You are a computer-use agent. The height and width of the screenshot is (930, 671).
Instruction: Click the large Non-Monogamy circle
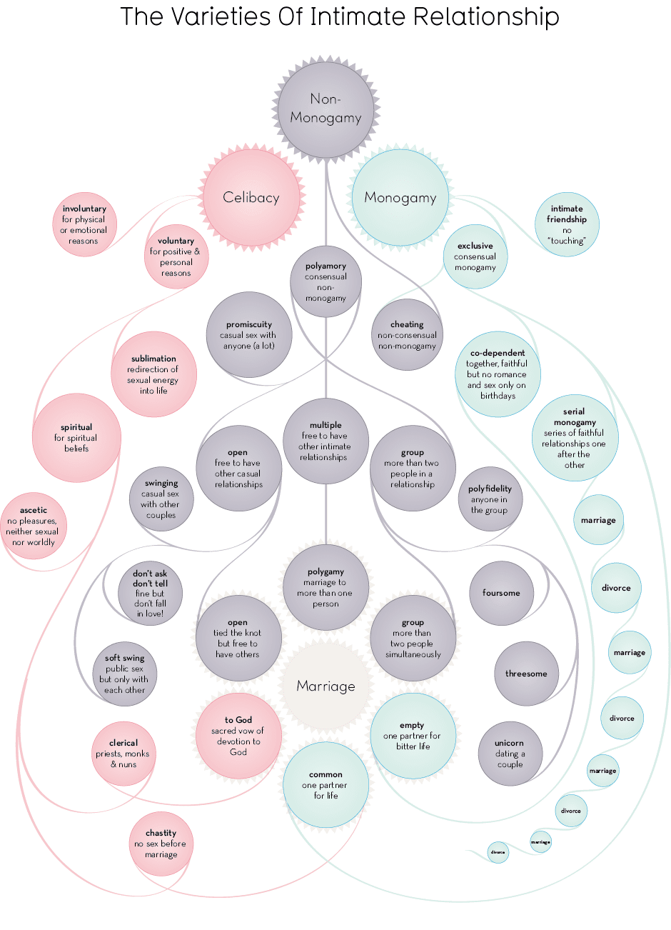coord(326,109)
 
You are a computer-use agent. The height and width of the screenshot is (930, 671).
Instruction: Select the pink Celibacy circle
coord(251,197)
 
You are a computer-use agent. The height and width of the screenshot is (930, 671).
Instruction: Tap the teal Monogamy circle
coord(400,198)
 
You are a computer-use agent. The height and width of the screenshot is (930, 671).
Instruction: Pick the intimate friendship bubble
coord(567,224)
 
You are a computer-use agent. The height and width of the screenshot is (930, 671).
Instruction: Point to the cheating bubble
coord(407,334)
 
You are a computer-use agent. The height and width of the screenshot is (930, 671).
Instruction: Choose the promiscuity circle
coord(248,334)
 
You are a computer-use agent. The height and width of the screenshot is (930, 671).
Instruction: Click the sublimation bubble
coord(153,374)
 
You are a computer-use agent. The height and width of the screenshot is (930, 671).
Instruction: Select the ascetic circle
coord(33,526)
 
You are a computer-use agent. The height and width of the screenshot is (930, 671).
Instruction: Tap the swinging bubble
coord(161,499)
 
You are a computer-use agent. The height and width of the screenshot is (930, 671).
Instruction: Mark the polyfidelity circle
coord(490,499)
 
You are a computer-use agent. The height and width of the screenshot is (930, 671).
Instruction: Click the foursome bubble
coord(501,593)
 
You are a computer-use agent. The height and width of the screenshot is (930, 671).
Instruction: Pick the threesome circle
coord(526,674)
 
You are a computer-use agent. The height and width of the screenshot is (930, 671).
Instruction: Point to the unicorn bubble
coord(510,754)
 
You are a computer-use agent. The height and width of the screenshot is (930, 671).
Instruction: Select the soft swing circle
coord(125,674)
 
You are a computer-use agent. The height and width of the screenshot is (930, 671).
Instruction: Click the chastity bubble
coord(161,844)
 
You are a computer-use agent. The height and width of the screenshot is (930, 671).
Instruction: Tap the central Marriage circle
coord(326,686)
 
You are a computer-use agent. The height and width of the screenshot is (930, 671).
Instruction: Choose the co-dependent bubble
coord(498,374)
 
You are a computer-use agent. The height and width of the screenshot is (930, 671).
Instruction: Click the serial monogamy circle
coord(575,437)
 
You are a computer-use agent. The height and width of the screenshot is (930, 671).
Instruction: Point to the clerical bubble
coord(123,754)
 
